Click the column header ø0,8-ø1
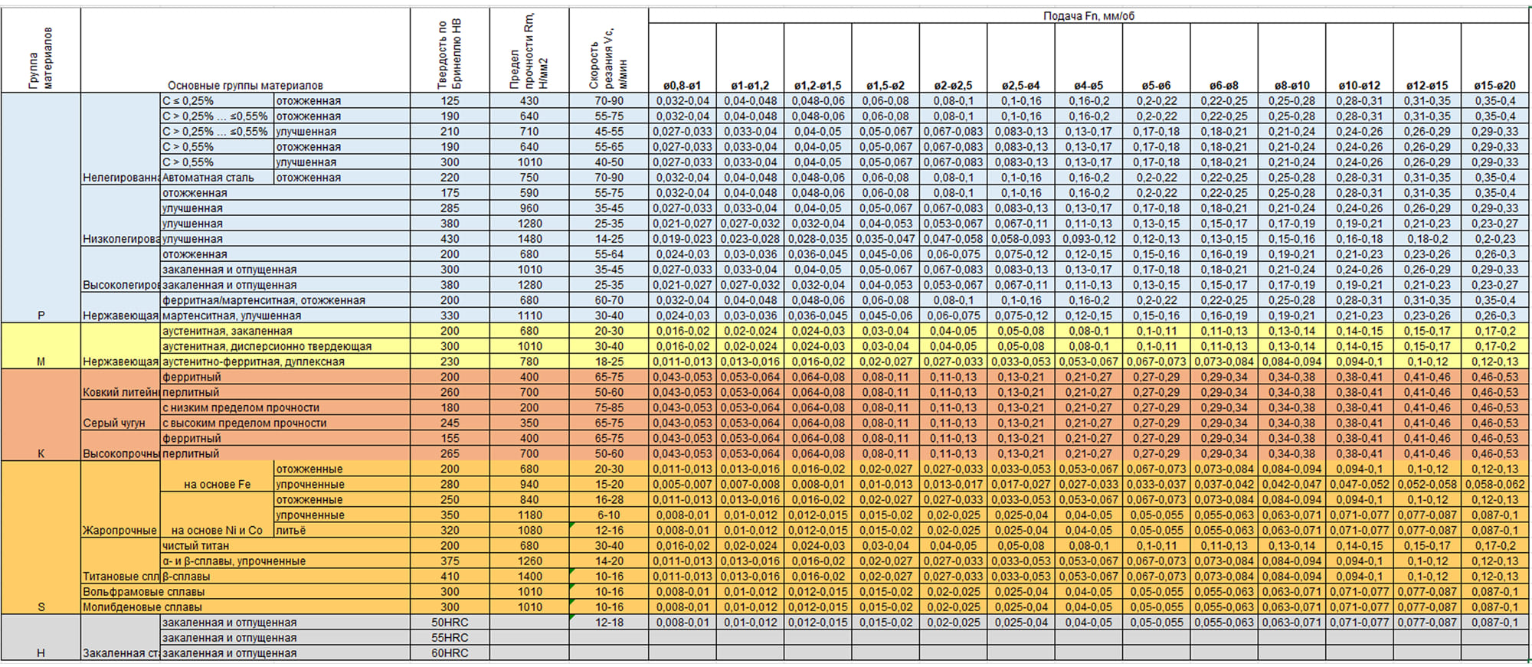click(x=682, y=86)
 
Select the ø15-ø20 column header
click(x=1494, y=86)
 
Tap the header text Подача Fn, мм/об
click(x=1088, y=16)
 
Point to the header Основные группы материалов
click(x=245, y=86)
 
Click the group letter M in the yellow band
click(x=41, y=361)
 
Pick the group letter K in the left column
click(x=41, y=453)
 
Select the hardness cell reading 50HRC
click(x=450, y=623)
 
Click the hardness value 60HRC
click(x=450, y=653)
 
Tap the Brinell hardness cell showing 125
click(x=450, y=101)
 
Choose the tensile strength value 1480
click(x=529, y=239)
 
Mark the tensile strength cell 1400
click(x=529, y=577)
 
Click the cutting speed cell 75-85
click(x=609, y=407)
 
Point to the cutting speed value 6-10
click(x=609, y=515)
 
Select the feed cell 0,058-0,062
click(x=1494, y=485)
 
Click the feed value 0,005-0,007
click(x=682, y=485)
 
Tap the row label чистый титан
click(x=195, y=546)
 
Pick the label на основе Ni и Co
click(x=217, y=531)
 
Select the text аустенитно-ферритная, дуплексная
click(x=253, y=361)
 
